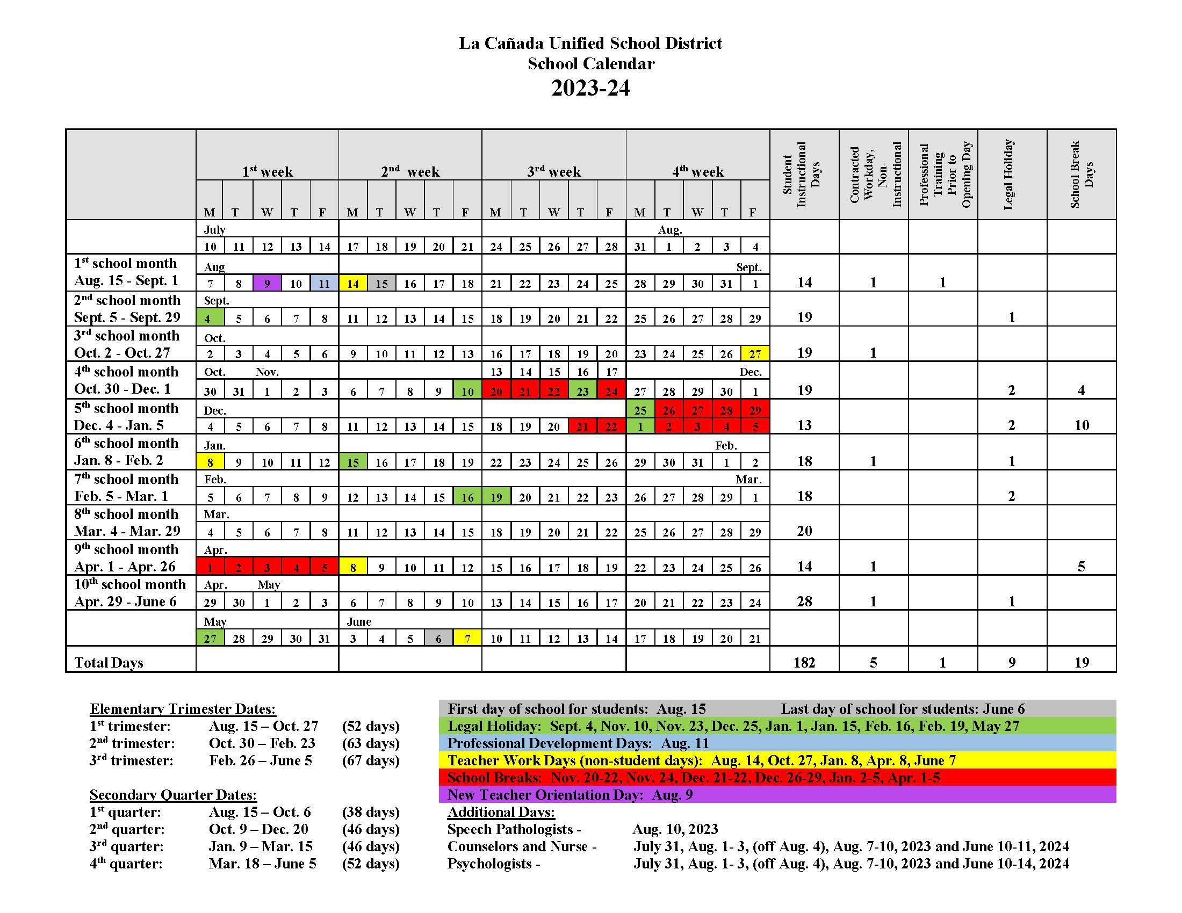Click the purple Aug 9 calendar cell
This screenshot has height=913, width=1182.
[x=267, y=283]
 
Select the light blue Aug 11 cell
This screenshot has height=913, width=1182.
[x=324, y=283]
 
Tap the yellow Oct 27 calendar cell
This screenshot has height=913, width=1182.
[x=755, y=354]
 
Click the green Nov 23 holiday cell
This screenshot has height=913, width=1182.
[x=582, y=390]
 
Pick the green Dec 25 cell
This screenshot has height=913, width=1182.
[x=640, y=409]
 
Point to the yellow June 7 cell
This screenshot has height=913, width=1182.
[x=467, y=638]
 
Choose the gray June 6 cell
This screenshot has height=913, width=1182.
[x=438, y=638]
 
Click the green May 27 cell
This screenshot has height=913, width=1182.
[x=210, y=638]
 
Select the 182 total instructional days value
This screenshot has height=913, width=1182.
[x=804, y=662]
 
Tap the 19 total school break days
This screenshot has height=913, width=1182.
[x=1082, y=662]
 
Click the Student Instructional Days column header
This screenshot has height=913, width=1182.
[x=804, y=174]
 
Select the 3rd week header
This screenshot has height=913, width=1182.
[x=553, y=171]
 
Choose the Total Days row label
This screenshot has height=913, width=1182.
[x=109, y=662]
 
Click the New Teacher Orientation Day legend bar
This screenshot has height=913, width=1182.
[x=777, y=794]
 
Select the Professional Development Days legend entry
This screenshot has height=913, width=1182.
[x=777, y=743]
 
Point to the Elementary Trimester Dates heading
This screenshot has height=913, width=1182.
[x=183, y=708]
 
